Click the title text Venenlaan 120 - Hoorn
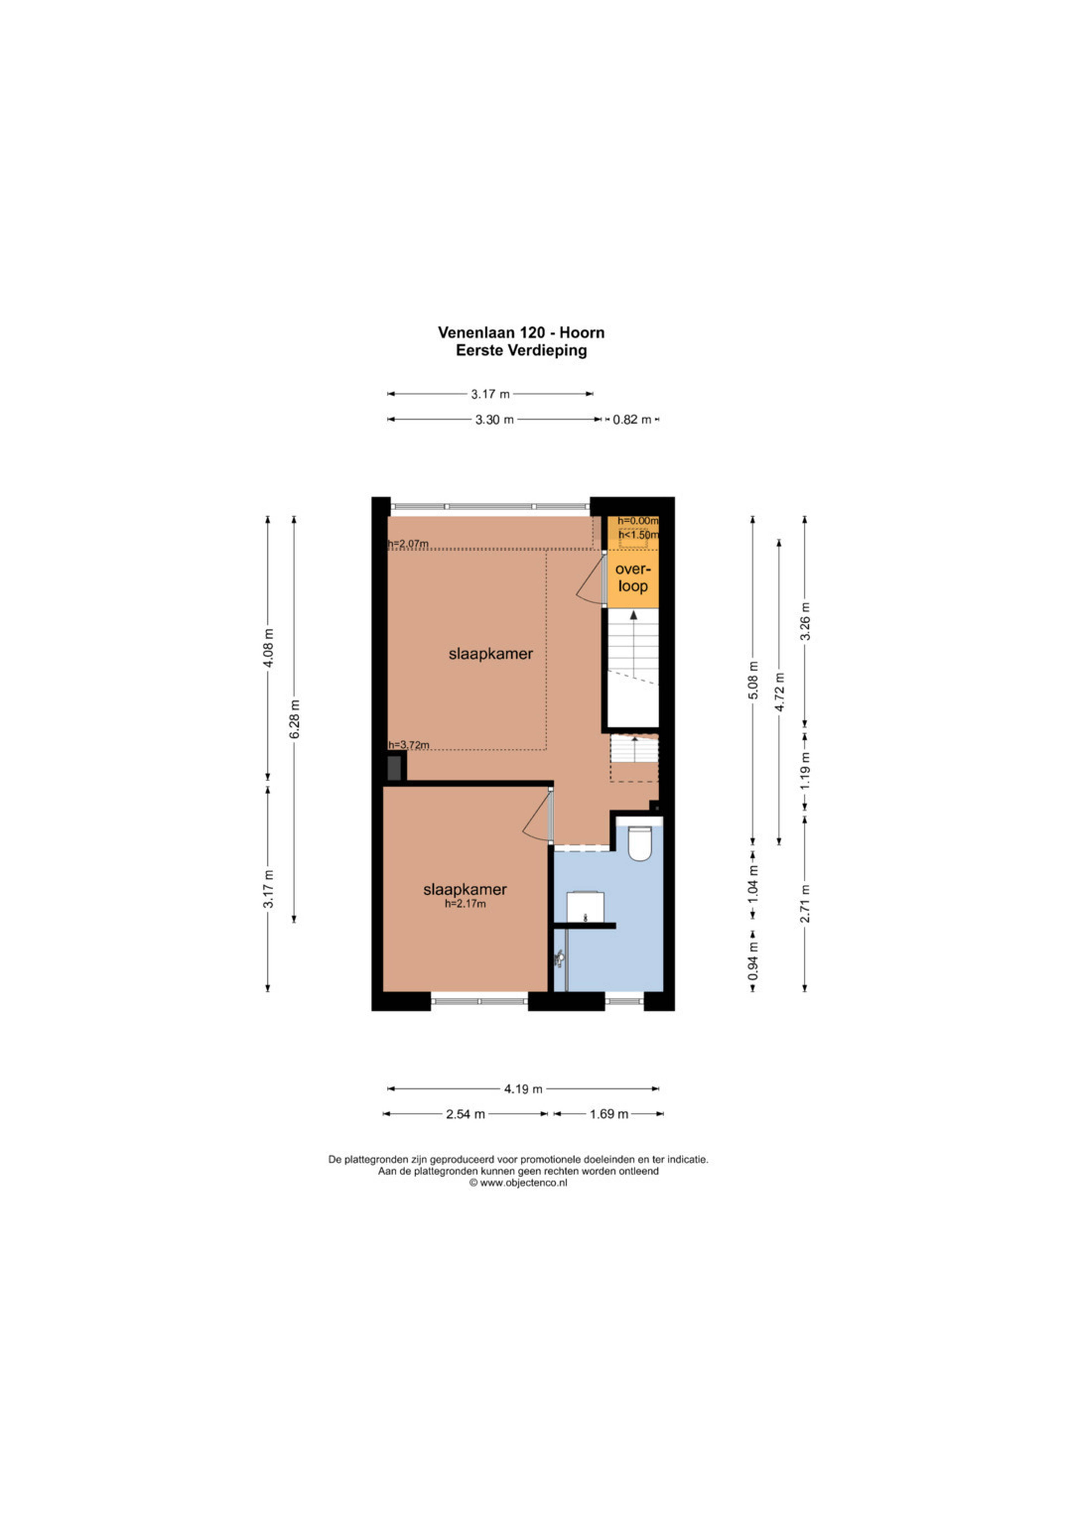tap(521, 333)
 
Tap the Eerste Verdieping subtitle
tap(521, 350)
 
